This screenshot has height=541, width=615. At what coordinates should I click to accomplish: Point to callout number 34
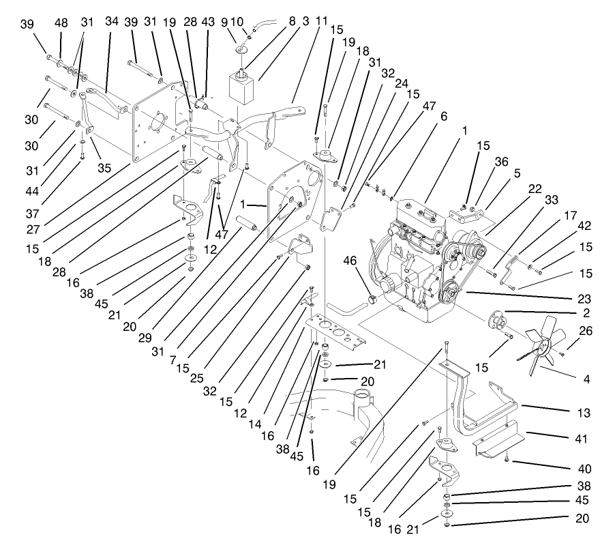(x=111, y=23)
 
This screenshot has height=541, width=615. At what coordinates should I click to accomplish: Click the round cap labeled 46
(x=373, y=299)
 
